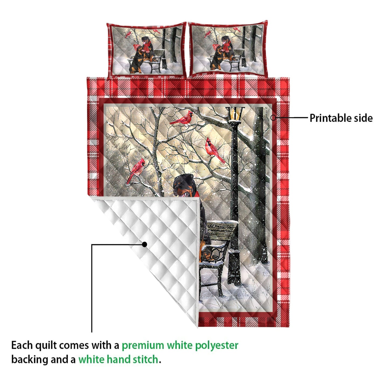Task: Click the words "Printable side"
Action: [x=341, y=118]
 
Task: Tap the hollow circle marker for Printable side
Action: [x=273, y=117]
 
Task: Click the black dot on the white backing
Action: [x=144, y=244]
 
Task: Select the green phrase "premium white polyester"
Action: [x=180, y=345]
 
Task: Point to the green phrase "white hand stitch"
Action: [x=118, y=359]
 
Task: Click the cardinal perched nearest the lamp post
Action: [x=214, y=150]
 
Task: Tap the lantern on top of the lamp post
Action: [x=235, y=114]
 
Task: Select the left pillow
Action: [x=146, y=50]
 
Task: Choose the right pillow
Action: [x=228, y=49]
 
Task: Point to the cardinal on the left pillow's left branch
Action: [x=128, y=35]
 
